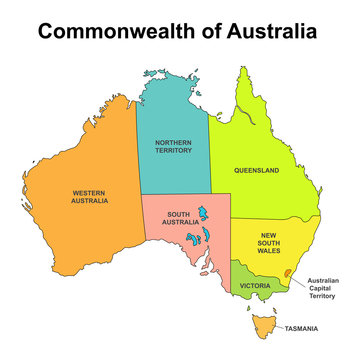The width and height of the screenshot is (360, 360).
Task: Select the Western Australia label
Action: point(89,196)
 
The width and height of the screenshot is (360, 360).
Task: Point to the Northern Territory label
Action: point(173,147)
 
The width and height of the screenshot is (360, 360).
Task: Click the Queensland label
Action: point(256,170)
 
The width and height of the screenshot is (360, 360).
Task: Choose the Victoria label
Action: point(254,286)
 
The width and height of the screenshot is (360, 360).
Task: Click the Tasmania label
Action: point(301,328)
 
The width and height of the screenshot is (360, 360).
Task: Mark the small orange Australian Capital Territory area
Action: point(289,272)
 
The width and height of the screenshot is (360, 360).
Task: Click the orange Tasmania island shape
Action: point(263,325)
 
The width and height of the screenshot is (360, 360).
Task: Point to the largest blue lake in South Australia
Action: point(202,217)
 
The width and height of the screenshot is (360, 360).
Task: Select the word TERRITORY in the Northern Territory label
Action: point(173,152)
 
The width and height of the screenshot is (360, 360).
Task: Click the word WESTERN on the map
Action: point(89,192)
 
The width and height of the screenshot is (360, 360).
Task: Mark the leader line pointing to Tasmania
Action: point(277,327)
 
